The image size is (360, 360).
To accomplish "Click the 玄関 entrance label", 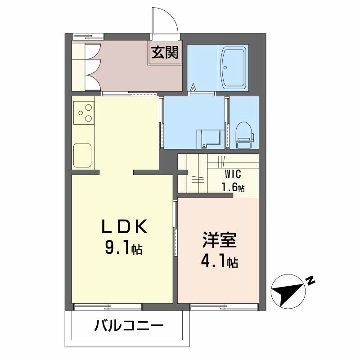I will [x=165, y=53].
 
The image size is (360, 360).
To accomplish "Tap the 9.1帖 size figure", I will [x=124, y=248].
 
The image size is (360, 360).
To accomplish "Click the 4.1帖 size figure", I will [x=219, y=262].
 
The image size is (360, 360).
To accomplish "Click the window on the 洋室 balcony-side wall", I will [x=224, y=307].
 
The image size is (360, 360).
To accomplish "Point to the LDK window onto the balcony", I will [x=108, y=307].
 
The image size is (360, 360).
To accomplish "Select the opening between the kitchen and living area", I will [x=116, y=172].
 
